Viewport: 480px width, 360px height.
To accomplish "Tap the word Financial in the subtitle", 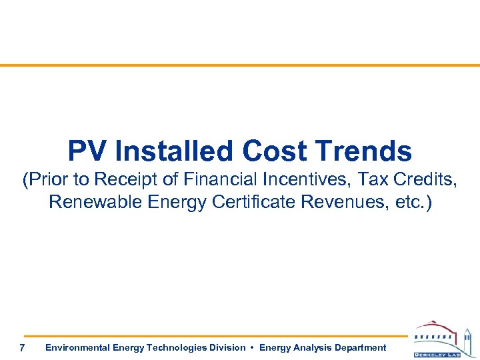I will point(223,180).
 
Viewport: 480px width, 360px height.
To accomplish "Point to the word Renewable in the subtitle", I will point(94,202).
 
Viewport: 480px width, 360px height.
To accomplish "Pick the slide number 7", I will point(23,348).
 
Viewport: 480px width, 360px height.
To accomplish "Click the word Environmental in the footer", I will point(77,347).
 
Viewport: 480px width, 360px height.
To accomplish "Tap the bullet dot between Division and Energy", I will point(252,347).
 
